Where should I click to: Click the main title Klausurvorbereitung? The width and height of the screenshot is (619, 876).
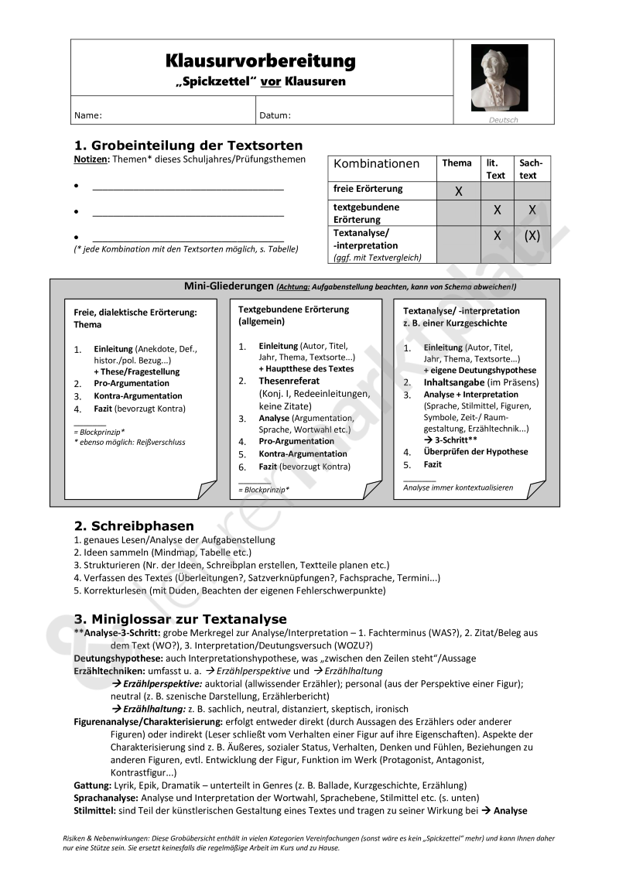(x=261, y=60)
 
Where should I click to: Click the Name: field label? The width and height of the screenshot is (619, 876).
(x=88, y=116)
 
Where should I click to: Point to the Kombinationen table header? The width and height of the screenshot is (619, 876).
(x=377, y=163)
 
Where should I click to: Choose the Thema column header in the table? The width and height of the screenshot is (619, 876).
(x=457, y=163)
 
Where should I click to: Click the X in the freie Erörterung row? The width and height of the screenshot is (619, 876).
(x=458, y=191)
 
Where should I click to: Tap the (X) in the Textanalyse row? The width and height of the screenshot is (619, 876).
(x=532, y=237)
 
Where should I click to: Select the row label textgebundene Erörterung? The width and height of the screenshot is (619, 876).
(x=367, y=214)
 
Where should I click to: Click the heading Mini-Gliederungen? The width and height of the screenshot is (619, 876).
(x=229, y=286)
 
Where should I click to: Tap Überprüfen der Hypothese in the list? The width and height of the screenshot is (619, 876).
(x=476, y=452)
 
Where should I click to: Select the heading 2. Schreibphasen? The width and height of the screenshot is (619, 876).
(x=134, y=526)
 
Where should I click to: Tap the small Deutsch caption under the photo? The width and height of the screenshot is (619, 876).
(x=504, y=120)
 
